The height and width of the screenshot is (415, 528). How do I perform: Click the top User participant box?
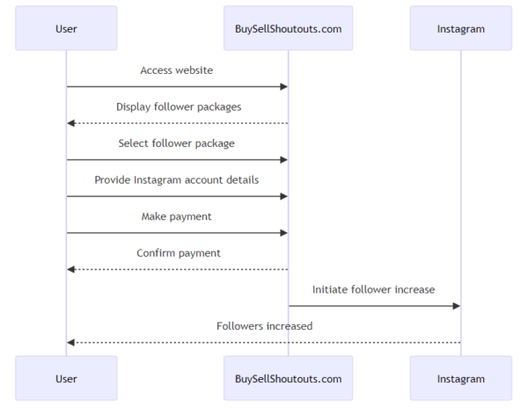tap(66, 28)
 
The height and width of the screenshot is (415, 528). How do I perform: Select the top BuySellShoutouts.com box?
tap(288, 28)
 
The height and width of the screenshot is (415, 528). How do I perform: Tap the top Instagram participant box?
tap(460, 28)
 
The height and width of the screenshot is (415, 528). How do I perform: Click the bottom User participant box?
tap(66, 379)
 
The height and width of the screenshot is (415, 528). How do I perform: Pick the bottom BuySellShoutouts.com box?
tap(288, 379)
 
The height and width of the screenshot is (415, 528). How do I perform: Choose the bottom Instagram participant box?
tap(460, 379)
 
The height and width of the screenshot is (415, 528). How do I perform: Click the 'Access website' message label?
tap(177, 70)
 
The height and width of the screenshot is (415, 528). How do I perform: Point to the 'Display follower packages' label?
tap(177, 106)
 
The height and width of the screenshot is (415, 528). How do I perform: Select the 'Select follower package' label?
tap(177, 143)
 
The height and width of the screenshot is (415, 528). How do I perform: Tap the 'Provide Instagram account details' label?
tap(177, 179)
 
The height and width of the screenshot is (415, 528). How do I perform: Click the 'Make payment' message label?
tap(177, 216)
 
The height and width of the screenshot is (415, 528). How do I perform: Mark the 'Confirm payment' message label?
tap(177, 253)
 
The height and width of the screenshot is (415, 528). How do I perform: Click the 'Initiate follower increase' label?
tap(374, 289)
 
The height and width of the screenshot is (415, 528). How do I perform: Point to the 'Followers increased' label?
tap(264, 326)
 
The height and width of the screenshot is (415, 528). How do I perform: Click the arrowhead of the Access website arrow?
tap(283, 87)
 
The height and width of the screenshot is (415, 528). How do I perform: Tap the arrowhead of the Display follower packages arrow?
tap(71, 123)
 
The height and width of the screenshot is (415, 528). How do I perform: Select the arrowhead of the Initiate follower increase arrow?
tap(456, 306)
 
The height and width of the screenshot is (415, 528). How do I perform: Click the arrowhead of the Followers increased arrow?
tap(71, 342)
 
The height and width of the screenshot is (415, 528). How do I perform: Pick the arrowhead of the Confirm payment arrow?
tap(71, 269)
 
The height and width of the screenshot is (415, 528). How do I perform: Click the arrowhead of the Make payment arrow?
tap(283, 233)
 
